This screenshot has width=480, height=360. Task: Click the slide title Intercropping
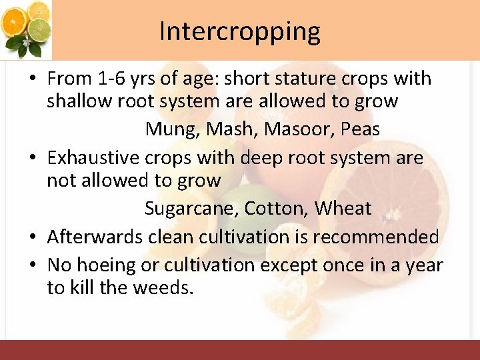click(239, 31)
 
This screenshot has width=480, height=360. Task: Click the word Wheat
click(343, 209)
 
